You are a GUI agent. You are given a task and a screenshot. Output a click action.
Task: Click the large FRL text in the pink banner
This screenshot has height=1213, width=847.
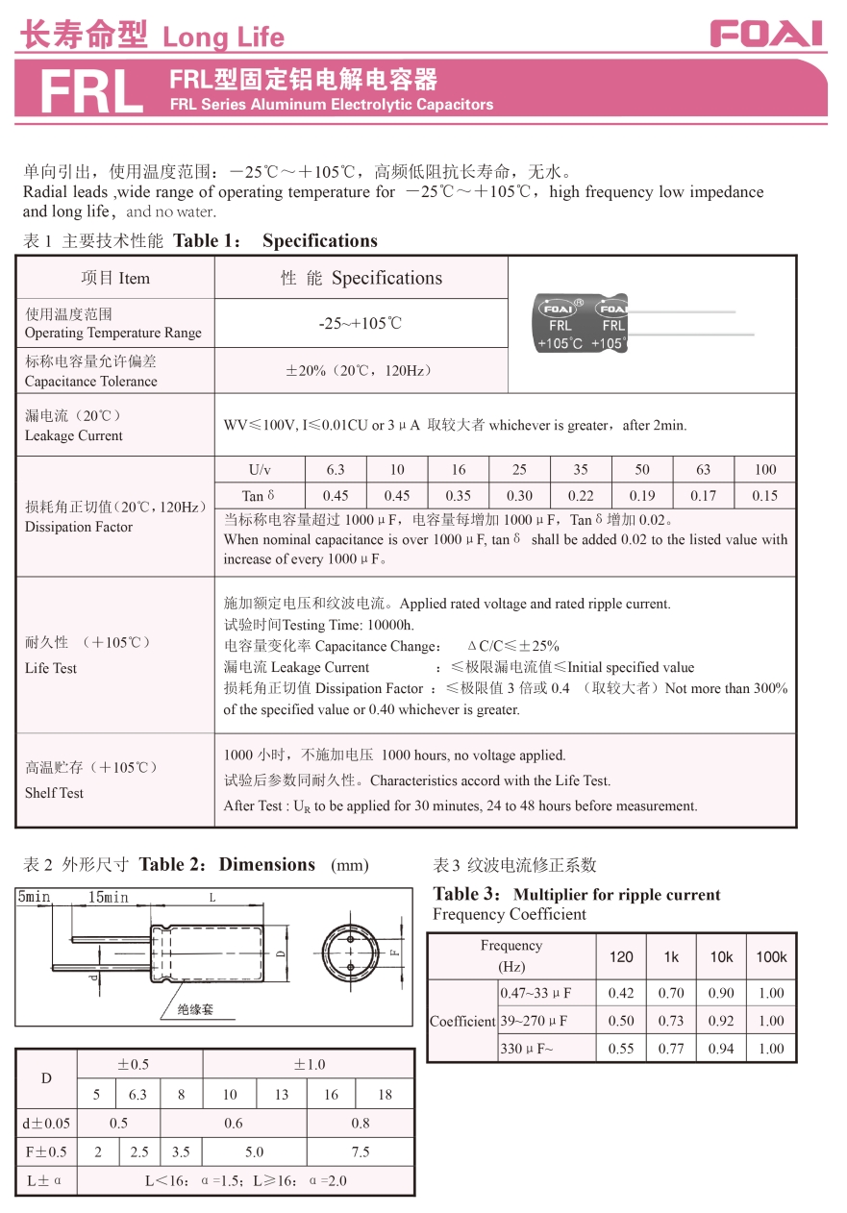91,93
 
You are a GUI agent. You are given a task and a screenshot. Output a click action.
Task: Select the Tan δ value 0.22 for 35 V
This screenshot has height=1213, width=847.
581,496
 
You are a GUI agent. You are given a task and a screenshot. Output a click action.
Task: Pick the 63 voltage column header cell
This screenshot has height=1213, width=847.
704,470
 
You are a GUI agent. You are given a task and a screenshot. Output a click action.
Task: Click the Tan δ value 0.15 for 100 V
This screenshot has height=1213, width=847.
765,496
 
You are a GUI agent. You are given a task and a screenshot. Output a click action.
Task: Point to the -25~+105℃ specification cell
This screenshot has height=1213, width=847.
361,324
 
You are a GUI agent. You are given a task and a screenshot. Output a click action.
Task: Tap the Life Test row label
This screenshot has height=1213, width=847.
51,668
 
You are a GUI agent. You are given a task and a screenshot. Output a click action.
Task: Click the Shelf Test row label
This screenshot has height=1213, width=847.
54,793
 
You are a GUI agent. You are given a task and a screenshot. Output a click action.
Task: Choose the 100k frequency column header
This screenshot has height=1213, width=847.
771,956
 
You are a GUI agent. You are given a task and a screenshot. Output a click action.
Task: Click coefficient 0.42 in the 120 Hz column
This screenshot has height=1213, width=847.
621,993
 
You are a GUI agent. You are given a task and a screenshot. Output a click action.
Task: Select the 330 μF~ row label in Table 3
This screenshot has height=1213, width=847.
527,1049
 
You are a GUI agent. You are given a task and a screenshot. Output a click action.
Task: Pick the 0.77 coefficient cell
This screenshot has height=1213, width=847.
671,1049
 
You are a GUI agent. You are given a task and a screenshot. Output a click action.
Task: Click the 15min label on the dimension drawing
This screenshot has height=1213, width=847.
108,898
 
